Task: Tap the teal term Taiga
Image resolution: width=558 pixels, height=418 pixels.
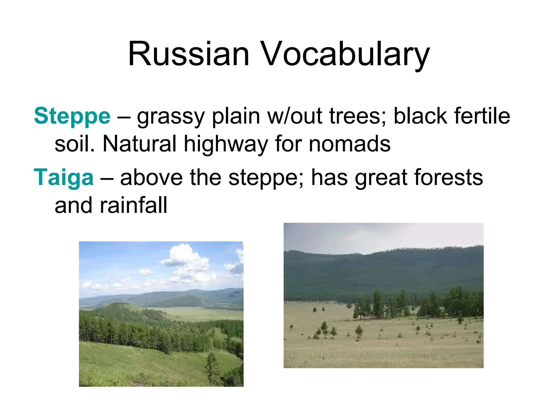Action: (x=63, y=178)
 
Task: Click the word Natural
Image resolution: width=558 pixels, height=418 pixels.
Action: (x=139, y=144)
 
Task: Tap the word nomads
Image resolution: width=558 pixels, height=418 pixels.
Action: (x=350, y=144)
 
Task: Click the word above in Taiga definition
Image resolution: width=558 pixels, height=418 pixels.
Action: (x=151, y=178)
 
